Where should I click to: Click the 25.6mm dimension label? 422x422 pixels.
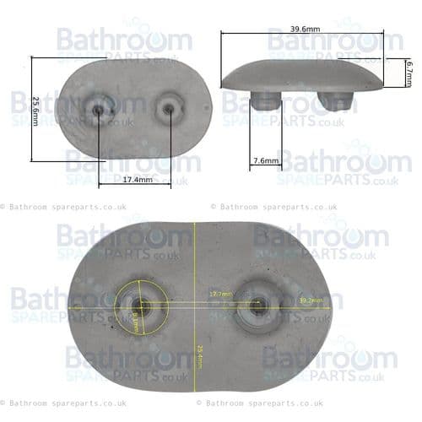point(36,110)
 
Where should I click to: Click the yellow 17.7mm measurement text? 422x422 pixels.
point(220,294)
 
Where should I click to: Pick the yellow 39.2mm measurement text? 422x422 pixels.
point(307,300)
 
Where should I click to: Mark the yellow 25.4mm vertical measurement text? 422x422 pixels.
point(199,355)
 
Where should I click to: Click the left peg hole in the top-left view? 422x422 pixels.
point(100,109)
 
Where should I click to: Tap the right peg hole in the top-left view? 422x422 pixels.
point(167,108)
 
